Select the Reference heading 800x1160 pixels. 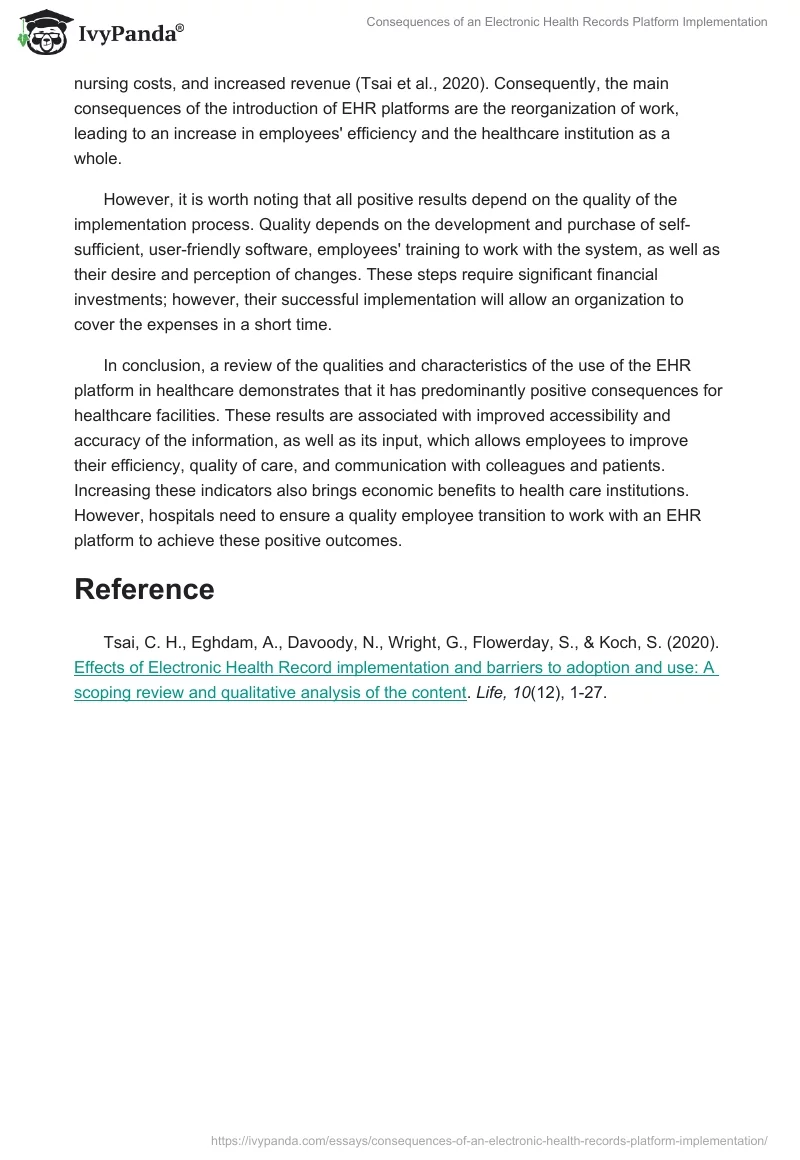144,589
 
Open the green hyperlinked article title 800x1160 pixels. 395,669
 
